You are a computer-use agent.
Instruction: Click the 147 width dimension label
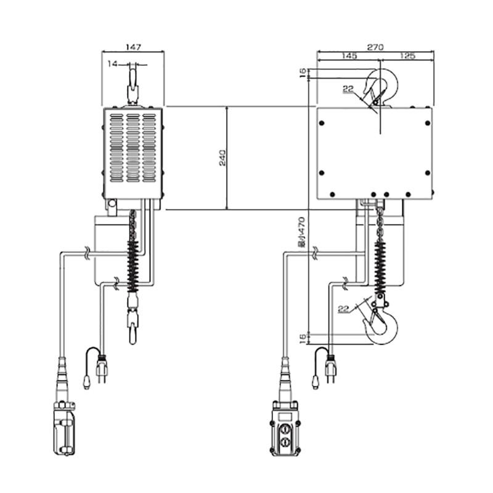[133, 47]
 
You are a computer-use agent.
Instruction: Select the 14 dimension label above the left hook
[112, 64]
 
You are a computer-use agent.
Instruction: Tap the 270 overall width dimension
[375, 47]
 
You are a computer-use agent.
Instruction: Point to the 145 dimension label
[349, 55]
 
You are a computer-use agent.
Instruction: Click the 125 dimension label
[407, 55]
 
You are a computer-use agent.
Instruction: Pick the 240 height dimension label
[222, 158]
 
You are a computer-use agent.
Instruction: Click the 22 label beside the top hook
[348, 89]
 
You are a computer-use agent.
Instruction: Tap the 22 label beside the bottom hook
[344, 309]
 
